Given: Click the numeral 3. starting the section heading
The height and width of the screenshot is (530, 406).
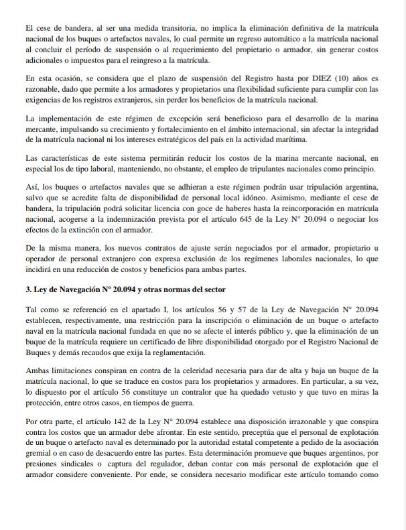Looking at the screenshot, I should coord(27,289).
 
